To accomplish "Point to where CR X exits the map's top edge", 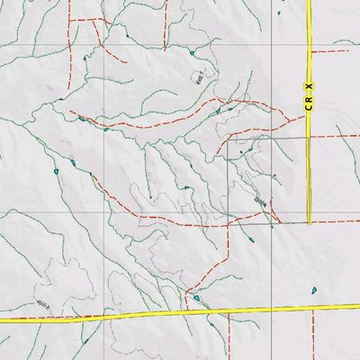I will [309, 1].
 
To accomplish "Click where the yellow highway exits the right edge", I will [359, 307].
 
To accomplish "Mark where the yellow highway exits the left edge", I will [1, 319].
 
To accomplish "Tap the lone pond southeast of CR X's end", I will [314, 290].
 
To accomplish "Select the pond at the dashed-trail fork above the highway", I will [196, 298].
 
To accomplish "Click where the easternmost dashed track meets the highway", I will [313, 309].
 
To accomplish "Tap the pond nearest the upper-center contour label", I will [192, 53].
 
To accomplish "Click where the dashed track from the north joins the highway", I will [184, 311].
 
